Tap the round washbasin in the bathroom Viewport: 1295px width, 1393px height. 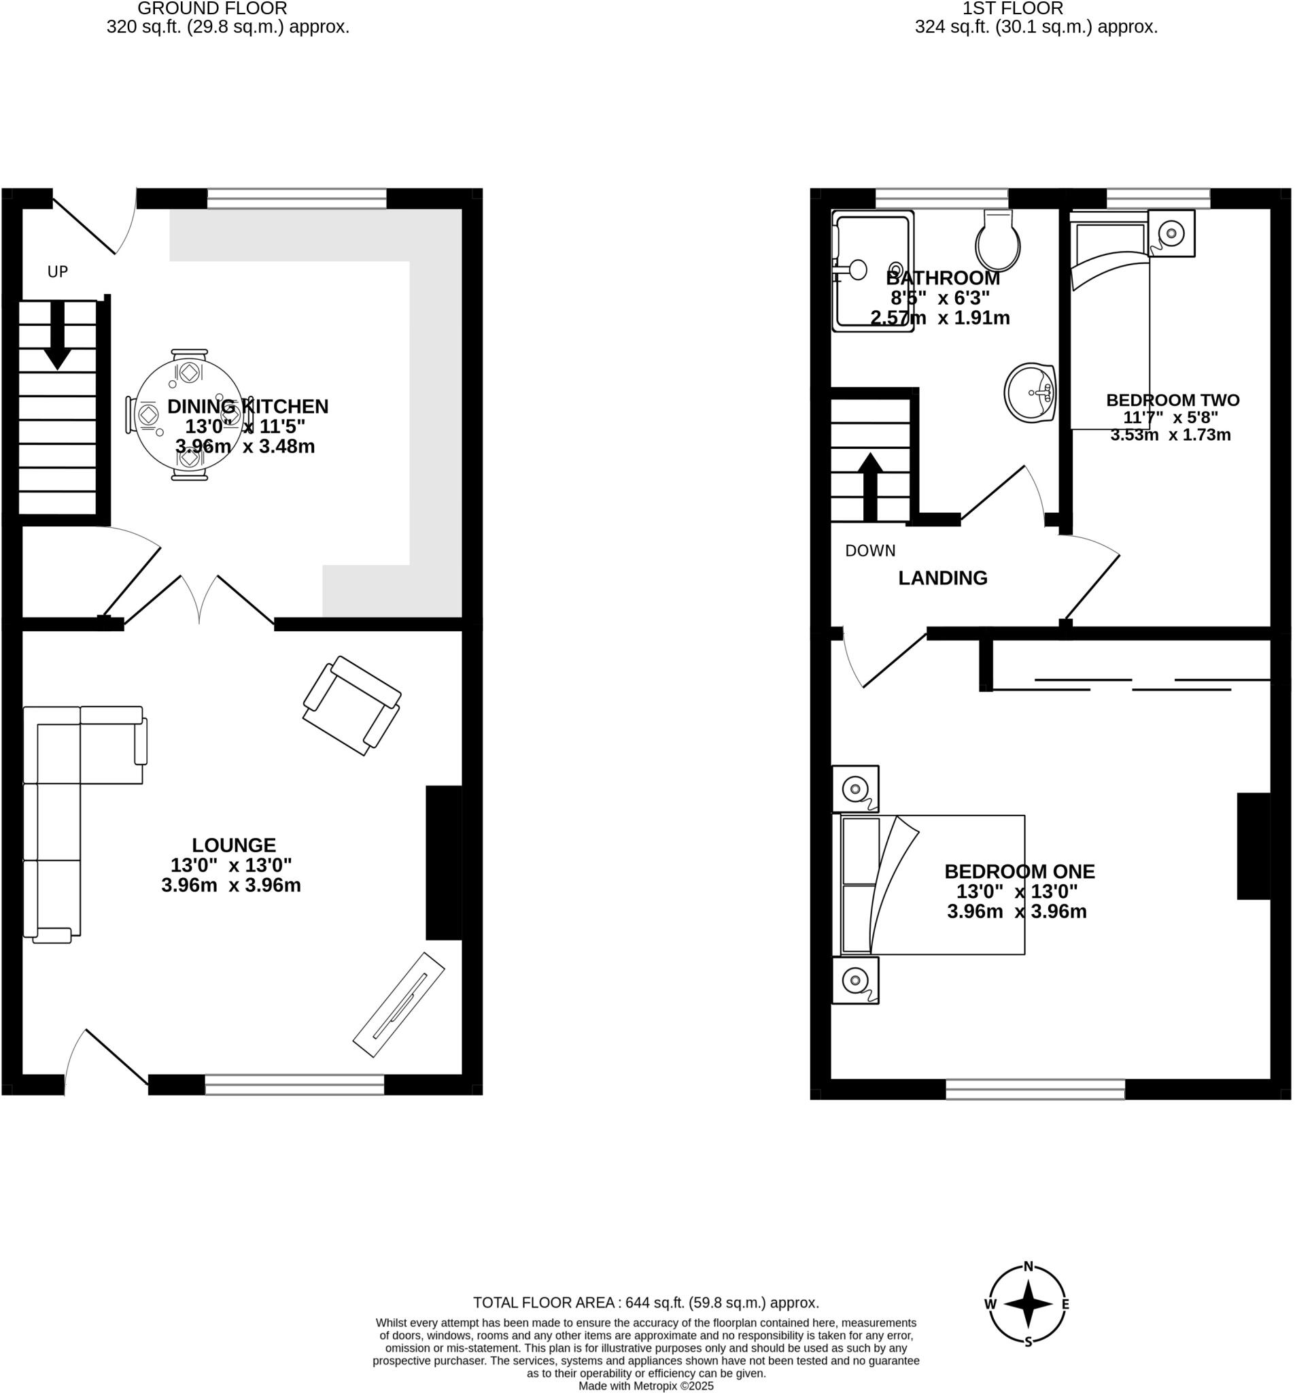point(1030,392)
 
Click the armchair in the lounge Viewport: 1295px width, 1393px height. point(351,705)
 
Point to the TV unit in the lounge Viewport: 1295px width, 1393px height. point(398,1004)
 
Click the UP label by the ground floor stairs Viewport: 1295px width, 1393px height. point(57,272)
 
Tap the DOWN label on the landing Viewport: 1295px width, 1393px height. point(870,551)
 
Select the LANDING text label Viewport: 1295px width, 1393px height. point(943,578)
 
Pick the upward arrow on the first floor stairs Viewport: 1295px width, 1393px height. point(870,486)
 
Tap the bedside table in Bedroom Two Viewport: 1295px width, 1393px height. point(1171,233)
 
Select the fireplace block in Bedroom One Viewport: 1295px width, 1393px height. point(1253,845)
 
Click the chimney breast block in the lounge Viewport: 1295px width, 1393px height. point(443,862)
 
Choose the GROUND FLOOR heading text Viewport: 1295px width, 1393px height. point(212,9)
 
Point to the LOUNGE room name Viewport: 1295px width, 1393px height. point(234,845)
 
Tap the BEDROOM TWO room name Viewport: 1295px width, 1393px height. point(1173,400)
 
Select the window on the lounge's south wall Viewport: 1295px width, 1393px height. point(294,1085)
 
